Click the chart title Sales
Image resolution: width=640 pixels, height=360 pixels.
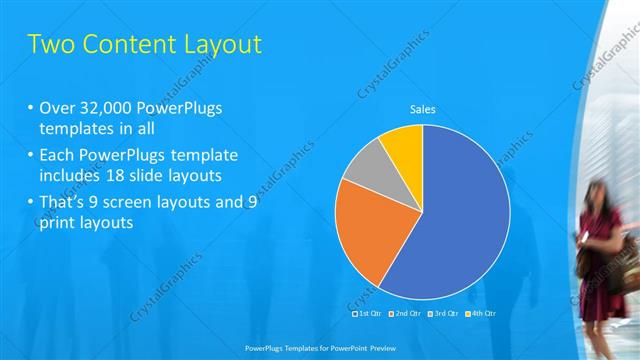tap(424, 110)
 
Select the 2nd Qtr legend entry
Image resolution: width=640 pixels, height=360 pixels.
tap(405, 313)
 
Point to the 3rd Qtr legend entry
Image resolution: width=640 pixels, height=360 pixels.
tap(443, 313)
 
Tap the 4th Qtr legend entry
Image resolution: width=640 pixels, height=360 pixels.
tap(481, 313)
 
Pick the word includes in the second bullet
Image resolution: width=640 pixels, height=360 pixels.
tap(67, 176)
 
